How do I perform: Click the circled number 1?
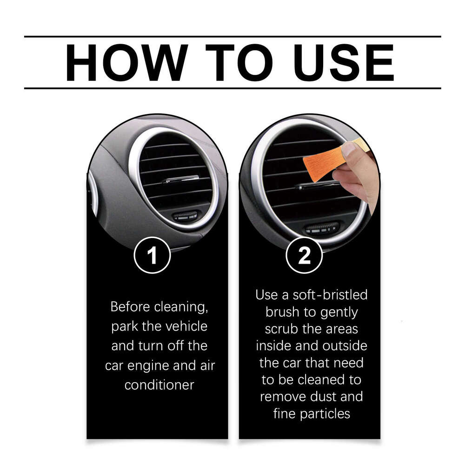pos(153,255)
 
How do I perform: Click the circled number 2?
pos(304,255)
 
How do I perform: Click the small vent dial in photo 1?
pos(185,215)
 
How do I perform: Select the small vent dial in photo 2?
pos(322,228)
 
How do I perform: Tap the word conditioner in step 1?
pos(159,385)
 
